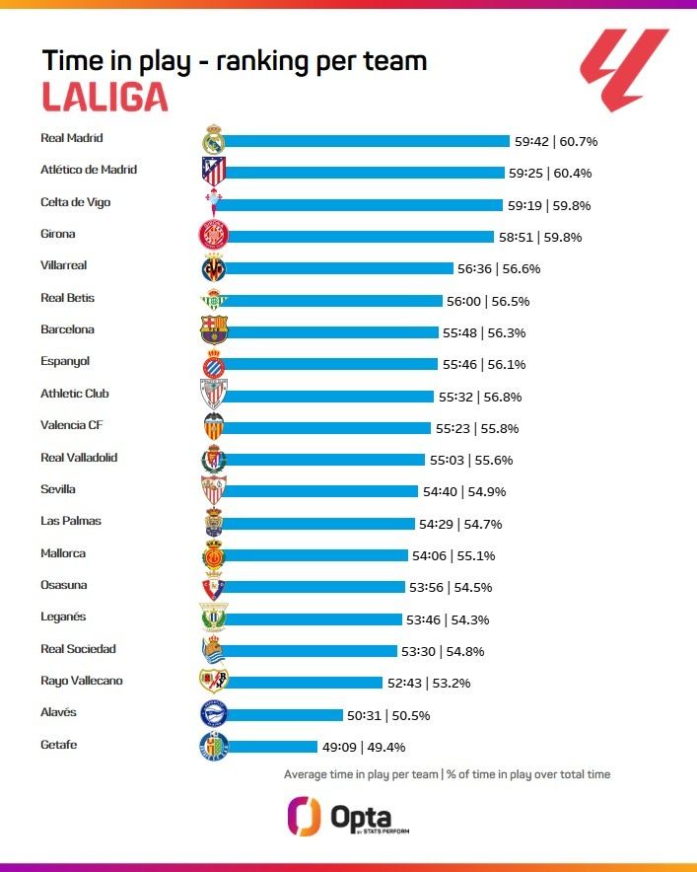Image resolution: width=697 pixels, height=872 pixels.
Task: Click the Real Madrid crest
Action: click(x=214, y=140)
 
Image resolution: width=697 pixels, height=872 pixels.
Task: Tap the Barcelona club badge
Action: click(x=214, y=330)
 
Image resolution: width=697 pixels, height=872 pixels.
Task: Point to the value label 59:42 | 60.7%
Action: click(x=555, y=141)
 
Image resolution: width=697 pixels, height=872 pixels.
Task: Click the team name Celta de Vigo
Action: click(x=75, y=202)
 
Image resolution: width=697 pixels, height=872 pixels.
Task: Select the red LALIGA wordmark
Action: click(x=105, y=97)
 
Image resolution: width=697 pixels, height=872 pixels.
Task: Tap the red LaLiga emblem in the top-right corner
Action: click(x=623, y=69)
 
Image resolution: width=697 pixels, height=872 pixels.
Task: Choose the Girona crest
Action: click(x=214, y=236)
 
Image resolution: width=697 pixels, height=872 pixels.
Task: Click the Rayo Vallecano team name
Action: click(x=82, y=681)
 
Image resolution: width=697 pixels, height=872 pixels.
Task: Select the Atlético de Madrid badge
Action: click(x=214, y=172)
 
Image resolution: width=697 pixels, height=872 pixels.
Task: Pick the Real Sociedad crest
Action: click(x=214, y=650)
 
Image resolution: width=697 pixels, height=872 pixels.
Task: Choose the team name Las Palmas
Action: click(x=71, y=521)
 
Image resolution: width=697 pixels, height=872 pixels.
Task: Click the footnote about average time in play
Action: click(x=447, y=774)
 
